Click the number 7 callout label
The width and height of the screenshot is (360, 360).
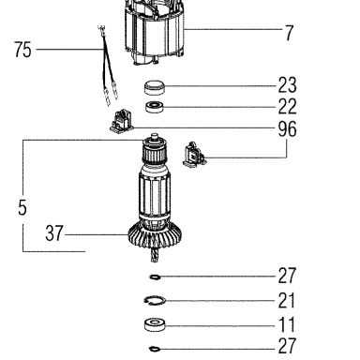pos(290,33)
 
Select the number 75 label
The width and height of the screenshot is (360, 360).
pos(23,50)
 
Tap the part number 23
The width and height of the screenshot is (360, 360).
pos(287,85)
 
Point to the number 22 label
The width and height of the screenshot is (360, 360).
pos(287,107)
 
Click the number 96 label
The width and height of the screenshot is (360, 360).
pos(287,128)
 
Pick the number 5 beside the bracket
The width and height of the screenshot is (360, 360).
pos(22,208)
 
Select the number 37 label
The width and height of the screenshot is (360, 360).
pos(54,233)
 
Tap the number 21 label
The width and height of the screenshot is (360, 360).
pos(287,300)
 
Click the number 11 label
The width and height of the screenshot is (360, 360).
pos(287,325)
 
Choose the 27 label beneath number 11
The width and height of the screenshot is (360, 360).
pos(287,346)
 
